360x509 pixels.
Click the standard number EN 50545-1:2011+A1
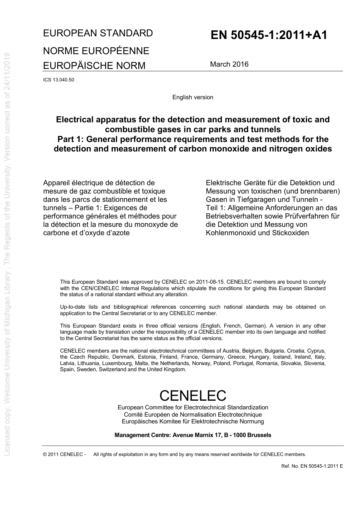pos(268,35)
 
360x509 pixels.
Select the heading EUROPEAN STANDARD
pos(98,33)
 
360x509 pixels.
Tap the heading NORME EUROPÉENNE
pos(96,51)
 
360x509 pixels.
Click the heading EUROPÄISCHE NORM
pos(94,66)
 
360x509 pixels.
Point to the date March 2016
pos(229,64)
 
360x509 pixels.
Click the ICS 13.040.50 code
pos(58,80)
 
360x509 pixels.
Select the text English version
pos(193,97)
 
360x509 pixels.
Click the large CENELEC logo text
pos(193,395)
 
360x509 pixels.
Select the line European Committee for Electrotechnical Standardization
pos(193,408)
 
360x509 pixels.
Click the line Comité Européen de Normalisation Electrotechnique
pos(193,414)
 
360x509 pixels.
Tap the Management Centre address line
pos(193,435)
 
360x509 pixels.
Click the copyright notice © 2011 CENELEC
pos(64,454)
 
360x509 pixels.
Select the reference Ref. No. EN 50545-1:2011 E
pos(312,466)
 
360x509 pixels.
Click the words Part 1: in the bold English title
pos(70,139)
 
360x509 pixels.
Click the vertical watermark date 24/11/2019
pos(7,76)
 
